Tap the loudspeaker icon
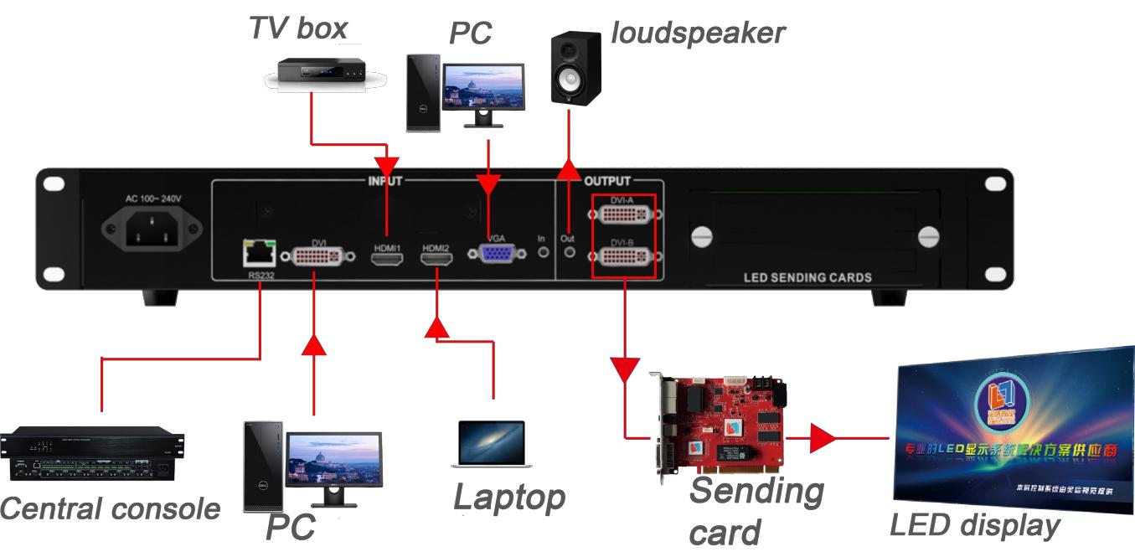[x=575, y=69]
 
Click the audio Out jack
[x=570, y=251]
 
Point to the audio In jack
[x=542, y=251]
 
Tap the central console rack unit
[x=92, y=456]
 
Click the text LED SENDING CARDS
[x=807, y=277]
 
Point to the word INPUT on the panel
[x=385, y=181]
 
